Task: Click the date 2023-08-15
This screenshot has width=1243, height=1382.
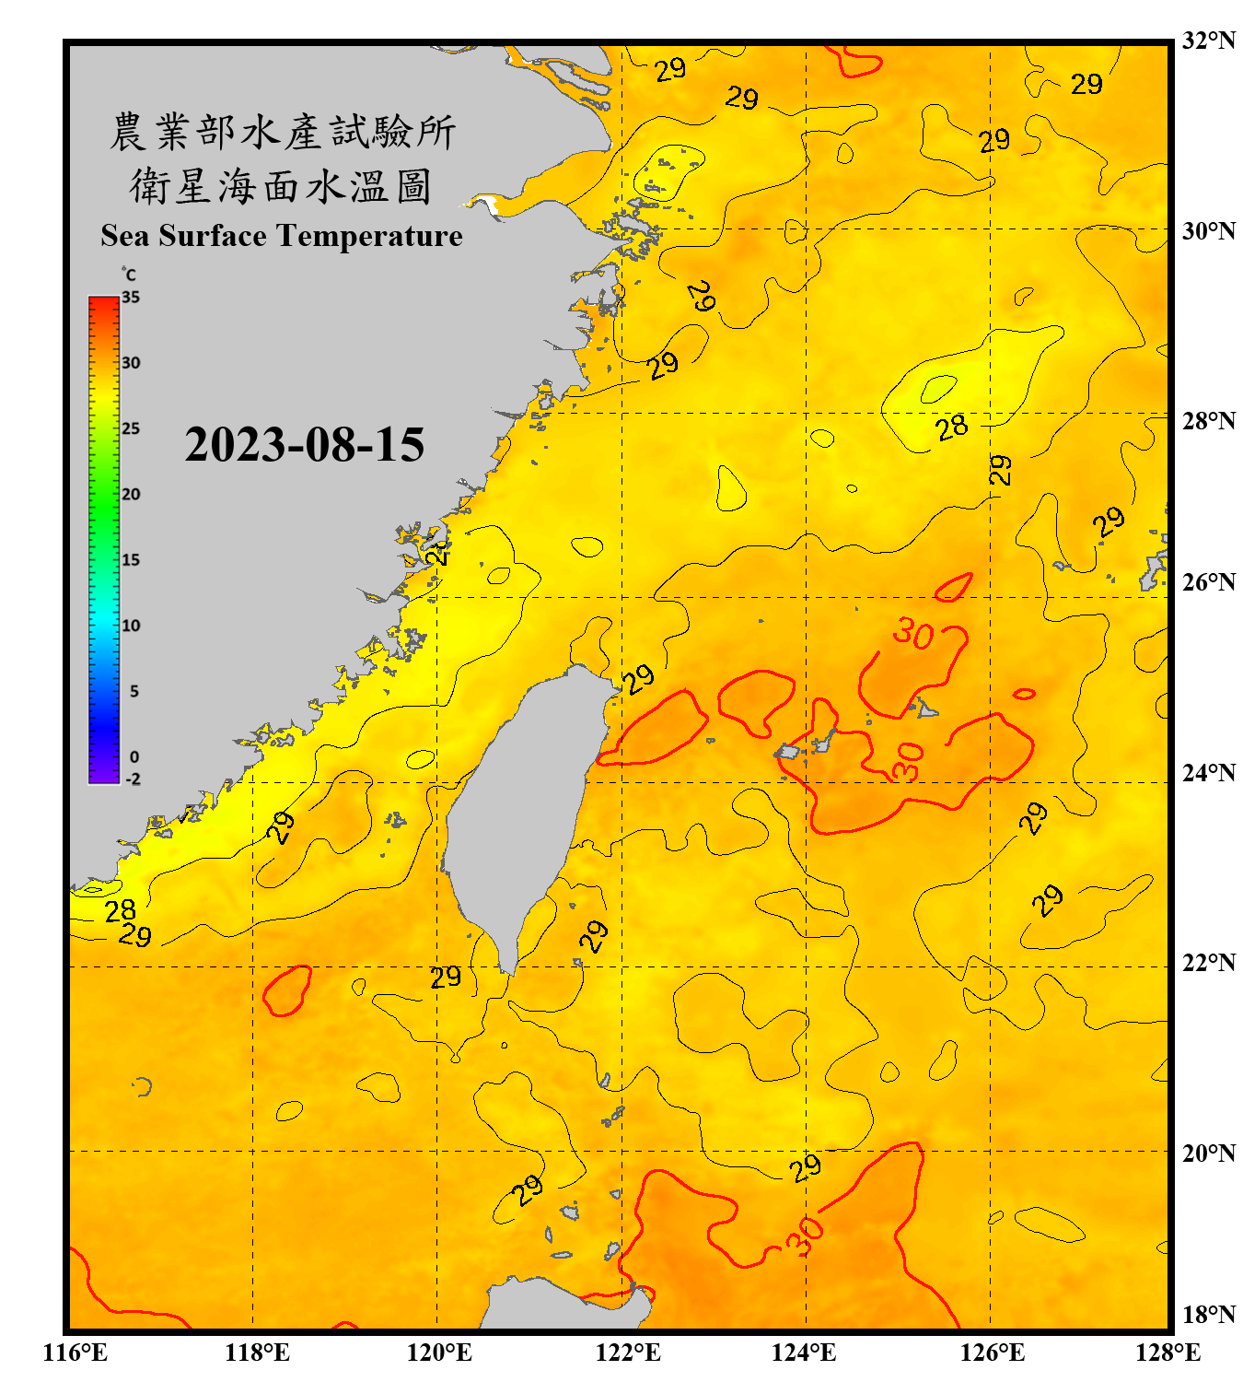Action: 304,445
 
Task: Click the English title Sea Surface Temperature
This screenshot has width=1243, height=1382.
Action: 281,236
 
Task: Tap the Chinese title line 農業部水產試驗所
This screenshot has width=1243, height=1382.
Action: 282,132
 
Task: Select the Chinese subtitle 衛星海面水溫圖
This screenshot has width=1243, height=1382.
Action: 281,186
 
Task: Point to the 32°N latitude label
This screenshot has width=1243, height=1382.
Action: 1208,41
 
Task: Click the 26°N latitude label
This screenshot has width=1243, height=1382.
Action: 1208,582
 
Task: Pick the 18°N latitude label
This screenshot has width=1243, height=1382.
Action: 1208,1315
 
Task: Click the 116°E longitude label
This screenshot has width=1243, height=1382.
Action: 75,1353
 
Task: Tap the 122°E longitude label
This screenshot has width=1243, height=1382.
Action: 628,1353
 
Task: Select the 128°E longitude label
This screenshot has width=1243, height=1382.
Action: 1167,1353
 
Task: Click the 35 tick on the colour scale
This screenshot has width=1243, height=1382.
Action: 131,298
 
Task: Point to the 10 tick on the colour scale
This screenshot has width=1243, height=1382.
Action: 131,626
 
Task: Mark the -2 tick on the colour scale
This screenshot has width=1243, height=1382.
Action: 133,779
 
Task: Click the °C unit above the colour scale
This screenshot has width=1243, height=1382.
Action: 129,275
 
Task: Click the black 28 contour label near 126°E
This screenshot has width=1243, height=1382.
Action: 951,427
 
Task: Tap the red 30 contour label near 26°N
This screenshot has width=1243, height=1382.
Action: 913,633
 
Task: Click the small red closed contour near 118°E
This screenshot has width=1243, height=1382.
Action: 287,990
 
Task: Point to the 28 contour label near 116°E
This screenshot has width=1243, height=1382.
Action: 120,910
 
